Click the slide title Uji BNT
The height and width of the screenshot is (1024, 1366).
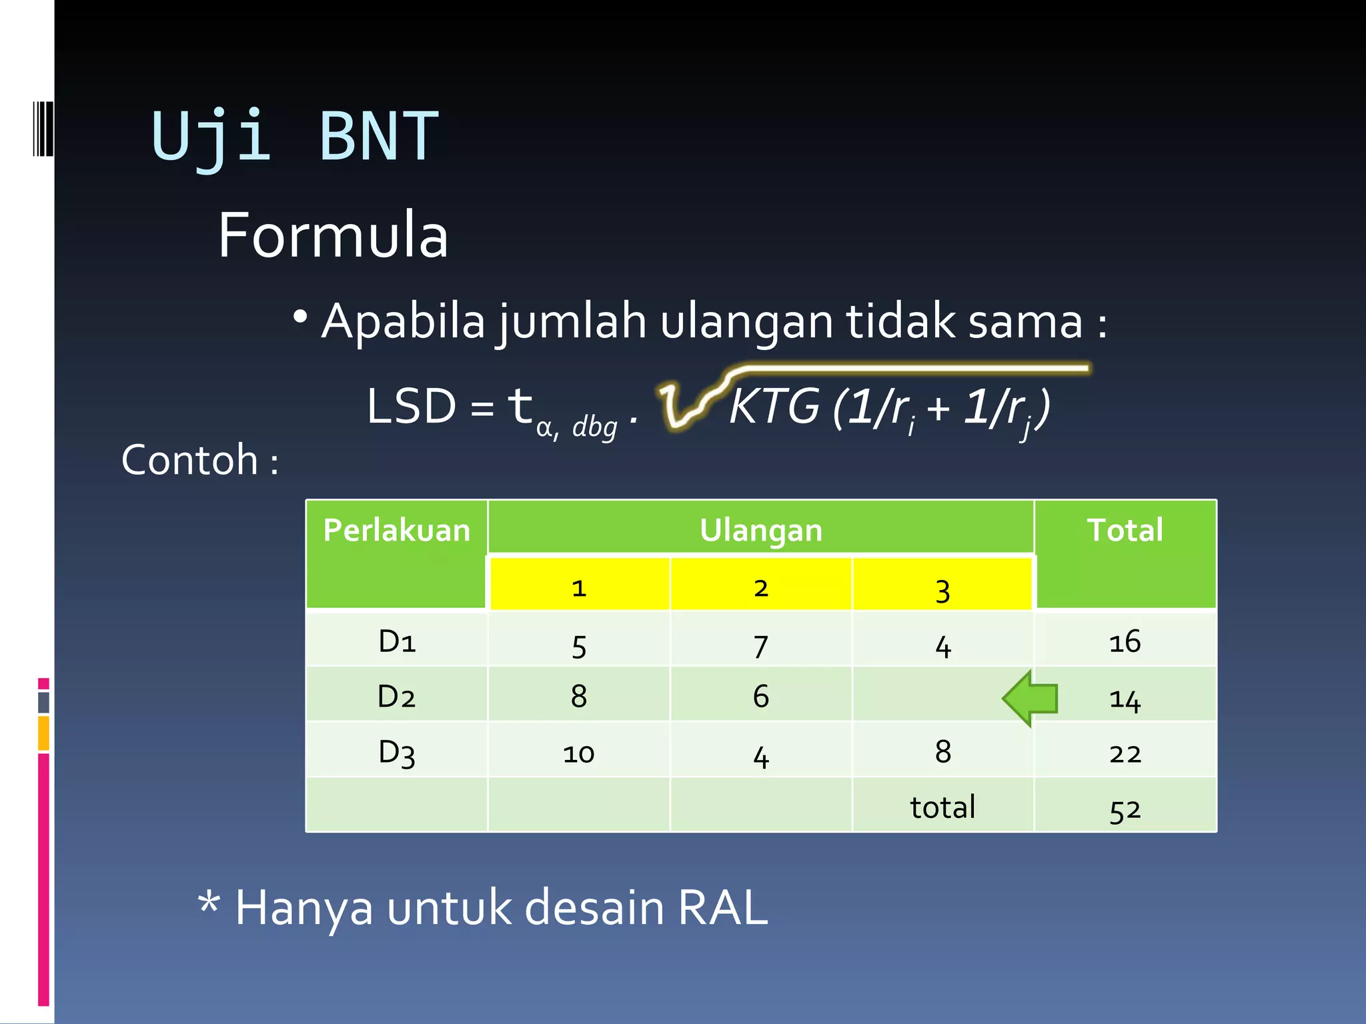point(295,137)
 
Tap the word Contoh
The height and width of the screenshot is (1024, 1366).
point(190,460)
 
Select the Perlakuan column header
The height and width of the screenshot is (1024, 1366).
point(396,531)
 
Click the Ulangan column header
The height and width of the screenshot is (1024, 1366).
point(760,531)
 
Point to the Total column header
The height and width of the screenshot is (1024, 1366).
point(1125,531)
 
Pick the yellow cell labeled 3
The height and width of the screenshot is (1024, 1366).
point(942,589)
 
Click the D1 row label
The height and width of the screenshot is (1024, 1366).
point(397,641)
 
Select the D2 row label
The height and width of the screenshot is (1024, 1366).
point(396,697)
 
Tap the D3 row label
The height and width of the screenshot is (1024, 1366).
point(397,753)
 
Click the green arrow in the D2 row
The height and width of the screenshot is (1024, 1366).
point(1031,698)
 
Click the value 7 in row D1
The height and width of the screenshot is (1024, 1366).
point(760,645)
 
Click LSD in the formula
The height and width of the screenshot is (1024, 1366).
point(412,406)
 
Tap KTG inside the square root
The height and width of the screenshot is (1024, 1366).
point(774,406)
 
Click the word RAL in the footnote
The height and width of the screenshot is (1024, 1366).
point(722,907)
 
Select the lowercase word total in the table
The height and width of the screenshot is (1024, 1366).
point(942,807)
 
